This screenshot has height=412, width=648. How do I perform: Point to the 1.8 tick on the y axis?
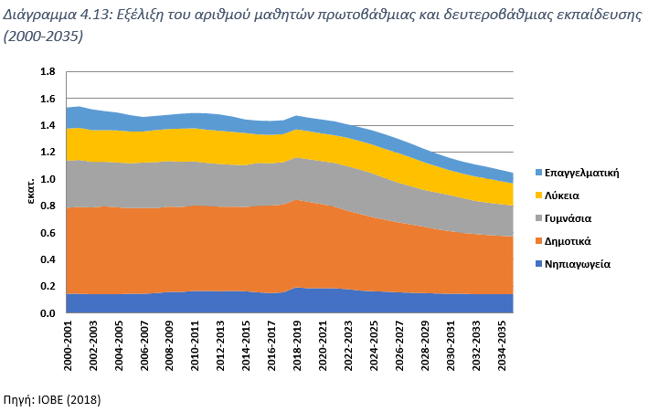point(48,72)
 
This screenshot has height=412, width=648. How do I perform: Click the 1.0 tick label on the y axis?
point(48,179)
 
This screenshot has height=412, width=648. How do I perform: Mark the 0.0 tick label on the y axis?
point(48,313)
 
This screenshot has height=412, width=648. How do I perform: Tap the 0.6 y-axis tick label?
point(48,233)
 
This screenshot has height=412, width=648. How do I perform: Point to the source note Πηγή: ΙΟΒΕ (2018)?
point(52,400)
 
